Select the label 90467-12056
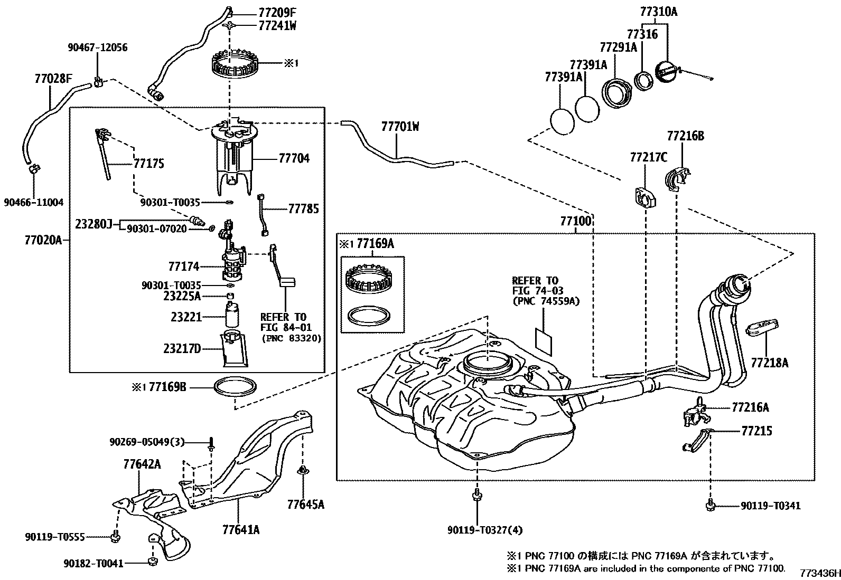[x=97, y=47]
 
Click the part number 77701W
[x=400, y=127]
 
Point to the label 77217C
[x=648, y=157]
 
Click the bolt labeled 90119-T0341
[x=711, y=506]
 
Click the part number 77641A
[x=241, y=529]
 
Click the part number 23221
[x=186, y=317]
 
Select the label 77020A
[x=43, y=241]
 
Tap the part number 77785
[x=303, y=209]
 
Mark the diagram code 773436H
[x=819, y=573]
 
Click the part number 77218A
[x=769, y=363]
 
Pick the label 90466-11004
[x=34, y=202]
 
